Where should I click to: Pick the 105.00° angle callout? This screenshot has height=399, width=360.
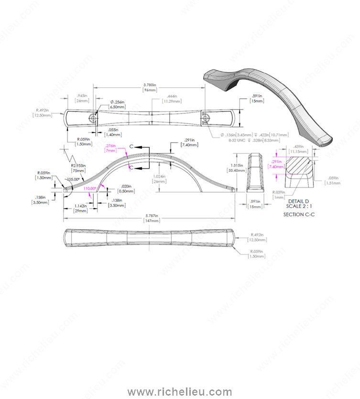(x=74, y=179)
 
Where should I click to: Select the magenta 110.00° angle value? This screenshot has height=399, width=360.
(x=89, y=188)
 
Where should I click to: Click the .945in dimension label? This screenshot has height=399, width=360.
(x=83, y=96)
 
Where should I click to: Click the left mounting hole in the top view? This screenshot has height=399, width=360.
(x=92, y=117)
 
